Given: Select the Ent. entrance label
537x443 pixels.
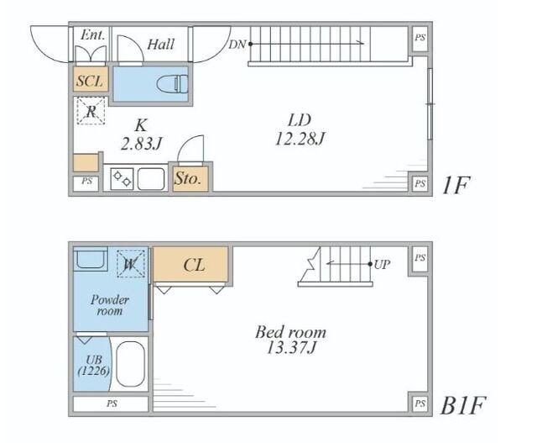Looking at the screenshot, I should (x=91, y=35).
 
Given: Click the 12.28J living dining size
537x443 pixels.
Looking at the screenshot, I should (x=299, y=137).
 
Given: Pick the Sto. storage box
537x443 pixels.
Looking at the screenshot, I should (x=185, y=177).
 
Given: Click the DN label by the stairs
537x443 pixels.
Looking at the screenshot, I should (x=237, y=44).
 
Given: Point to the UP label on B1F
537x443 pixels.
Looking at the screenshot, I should (x=382, y=264).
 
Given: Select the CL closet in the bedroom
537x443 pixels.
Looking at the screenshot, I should (x=192, y=265).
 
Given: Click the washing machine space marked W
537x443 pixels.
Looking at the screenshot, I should (x=131, y=264).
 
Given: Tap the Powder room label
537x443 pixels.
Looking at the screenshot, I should (x=108, y=304).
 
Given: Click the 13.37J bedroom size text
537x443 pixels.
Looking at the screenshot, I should (x=290, y=340).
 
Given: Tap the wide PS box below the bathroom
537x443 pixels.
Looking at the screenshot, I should (x=111, y=404).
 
